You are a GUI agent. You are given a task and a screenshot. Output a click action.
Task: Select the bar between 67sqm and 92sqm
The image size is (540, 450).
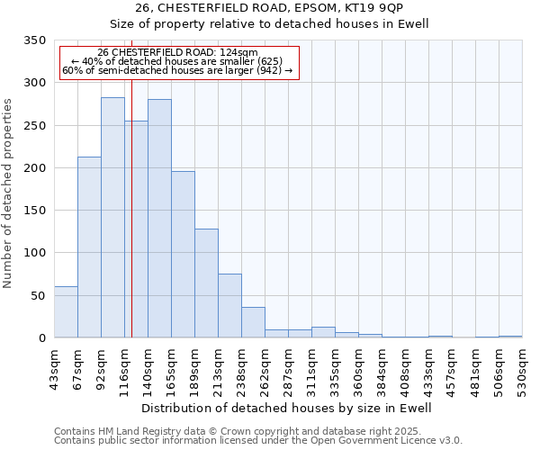point(89,247)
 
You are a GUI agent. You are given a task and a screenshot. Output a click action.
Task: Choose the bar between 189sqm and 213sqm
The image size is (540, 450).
point(206,283)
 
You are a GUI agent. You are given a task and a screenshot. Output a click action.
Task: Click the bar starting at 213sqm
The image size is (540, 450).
point(229,306)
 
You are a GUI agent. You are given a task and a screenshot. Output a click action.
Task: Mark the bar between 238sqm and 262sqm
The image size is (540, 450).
point(253,322)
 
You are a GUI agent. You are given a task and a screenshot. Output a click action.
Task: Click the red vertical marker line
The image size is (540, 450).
point(131,180)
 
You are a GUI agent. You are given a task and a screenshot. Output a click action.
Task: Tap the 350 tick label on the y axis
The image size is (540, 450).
point(34,40)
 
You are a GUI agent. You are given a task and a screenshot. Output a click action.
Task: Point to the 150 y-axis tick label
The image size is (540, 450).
point(34,211)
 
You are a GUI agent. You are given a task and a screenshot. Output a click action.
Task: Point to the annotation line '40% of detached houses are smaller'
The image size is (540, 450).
point(178,61)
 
